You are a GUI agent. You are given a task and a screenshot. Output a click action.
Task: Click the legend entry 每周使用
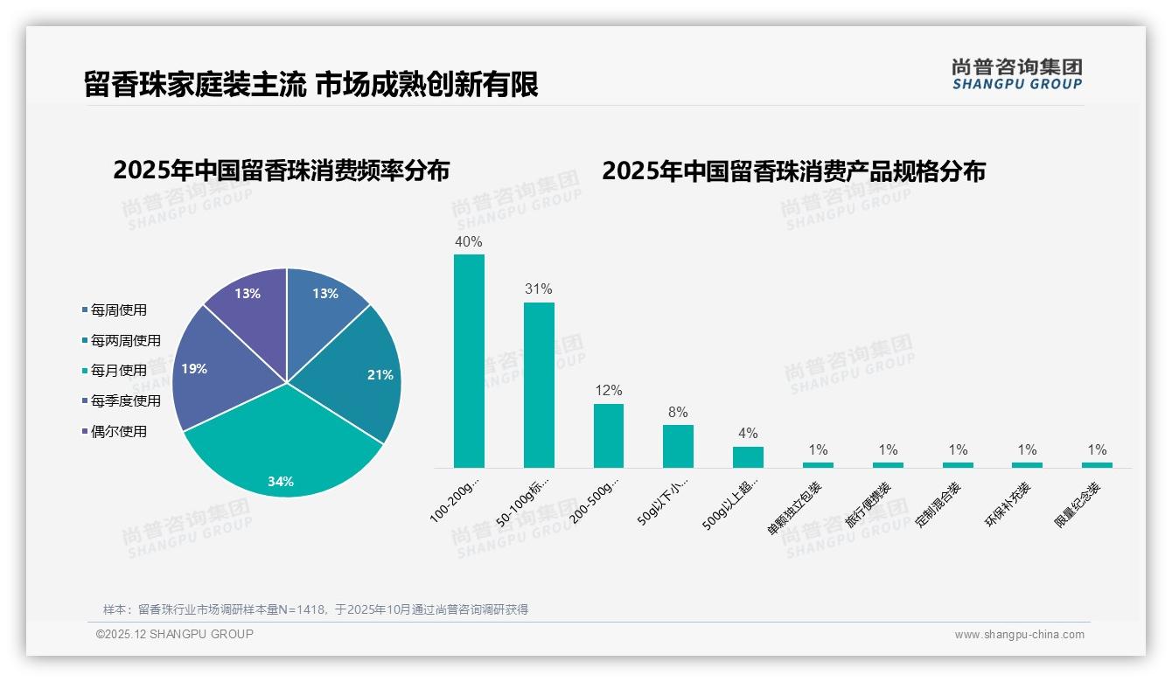pyautogui.click(x=118, y=310)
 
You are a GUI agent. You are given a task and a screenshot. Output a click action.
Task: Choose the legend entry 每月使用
pyautogui.click(x=118, y=371)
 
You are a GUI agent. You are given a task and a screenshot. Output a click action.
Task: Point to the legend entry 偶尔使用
pyautogui.click(x=118, y=431)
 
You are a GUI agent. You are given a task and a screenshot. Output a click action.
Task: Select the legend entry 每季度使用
pyautogui.click(x=125, y=400)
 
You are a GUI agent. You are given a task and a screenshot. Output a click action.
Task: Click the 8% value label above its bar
pyautogui.click(x=678, y=412)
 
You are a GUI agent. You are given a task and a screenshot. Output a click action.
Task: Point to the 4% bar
pyautogui.click(x=748, y=457)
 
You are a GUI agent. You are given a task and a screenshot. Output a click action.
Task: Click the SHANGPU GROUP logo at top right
pyautogui.click(x=1017, y=74)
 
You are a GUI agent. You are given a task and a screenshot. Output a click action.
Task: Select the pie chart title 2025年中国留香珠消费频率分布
pyautogui.click(x=281, y=170)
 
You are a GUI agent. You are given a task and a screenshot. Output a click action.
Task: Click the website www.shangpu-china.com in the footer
pyautogui.click(x=1019, y=635)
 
